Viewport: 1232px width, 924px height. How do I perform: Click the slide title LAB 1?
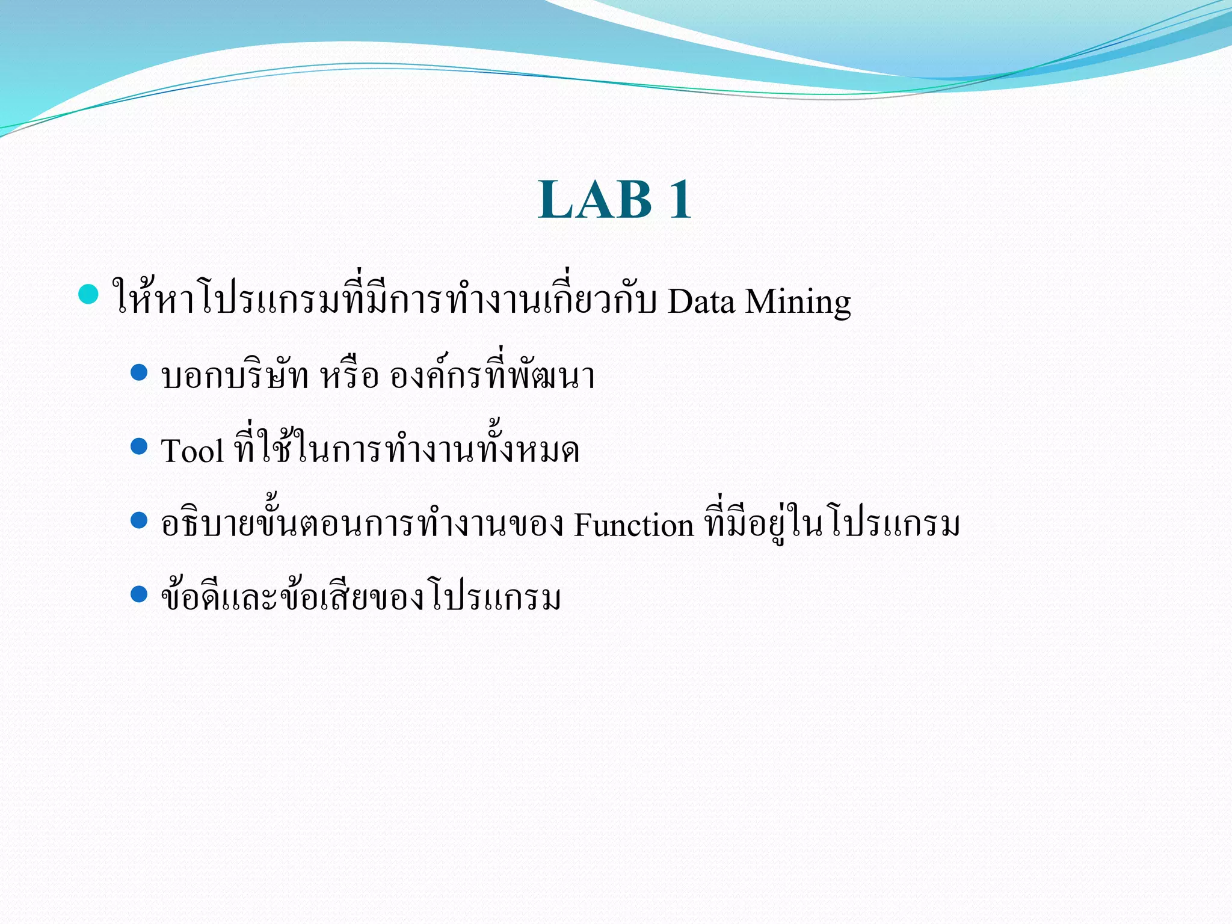(615, 200)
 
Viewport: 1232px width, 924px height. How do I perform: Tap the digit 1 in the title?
(680, 200)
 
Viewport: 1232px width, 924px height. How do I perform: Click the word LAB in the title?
(595, 200)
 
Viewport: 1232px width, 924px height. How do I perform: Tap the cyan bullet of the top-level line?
(88, 295)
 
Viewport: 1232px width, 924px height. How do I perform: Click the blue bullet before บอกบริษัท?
(139, 372)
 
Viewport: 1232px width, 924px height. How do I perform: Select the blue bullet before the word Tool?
(139, 446)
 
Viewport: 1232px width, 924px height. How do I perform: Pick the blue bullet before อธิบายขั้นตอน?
(139, 520)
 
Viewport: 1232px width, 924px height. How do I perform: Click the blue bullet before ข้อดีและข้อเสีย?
(139, 594)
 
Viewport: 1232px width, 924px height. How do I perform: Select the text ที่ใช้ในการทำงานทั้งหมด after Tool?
(407, 450)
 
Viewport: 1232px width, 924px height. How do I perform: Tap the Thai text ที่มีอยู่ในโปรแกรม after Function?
(832, 525)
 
